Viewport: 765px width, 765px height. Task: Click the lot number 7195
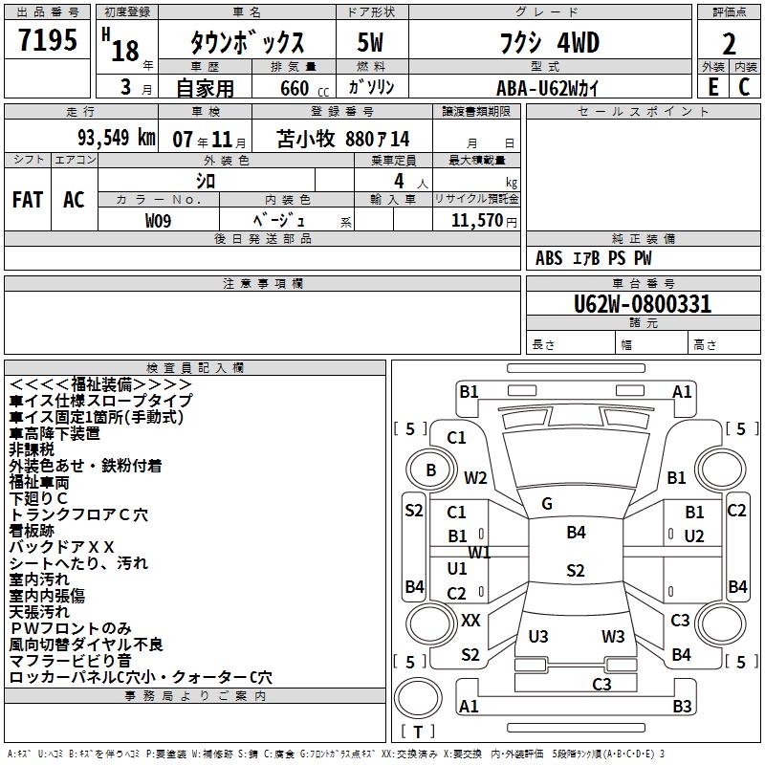(x=48, y=41)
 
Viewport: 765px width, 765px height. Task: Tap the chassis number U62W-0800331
(x=643, y=304)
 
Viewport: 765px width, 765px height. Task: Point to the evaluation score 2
(x=729, y=43)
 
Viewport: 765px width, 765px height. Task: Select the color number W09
(x=159, y=220)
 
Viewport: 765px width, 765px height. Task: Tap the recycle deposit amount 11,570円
(x=477, y=220)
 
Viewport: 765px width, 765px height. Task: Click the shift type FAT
(x=28, y=200)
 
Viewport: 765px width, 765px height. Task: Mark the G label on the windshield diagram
(x=547, y=504)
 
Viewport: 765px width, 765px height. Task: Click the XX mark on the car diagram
(x=470, y=621)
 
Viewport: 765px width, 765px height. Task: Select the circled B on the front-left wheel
(x=431, y=470)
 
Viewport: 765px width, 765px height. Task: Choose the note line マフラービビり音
(x=71, y=661)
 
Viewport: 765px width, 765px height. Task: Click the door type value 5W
(x=370, y=43)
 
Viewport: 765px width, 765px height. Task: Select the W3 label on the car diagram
(x=613, y=637)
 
